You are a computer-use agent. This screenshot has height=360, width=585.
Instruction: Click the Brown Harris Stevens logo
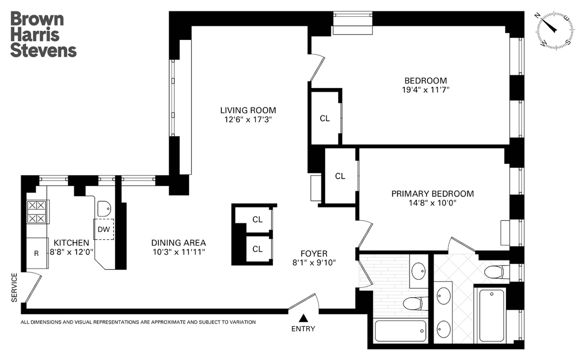pyautogui.click(x=43, y=34)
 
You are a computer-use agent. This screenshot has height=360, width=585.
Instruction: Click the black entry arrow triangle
pyautogui.click(x=303, y=318)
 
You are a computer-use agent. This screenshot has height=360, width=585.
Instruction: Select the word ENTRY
pyautogui.click(x=303, y=329)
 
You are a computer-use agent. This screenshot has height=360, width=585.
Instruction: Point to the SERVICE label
pyautogui.click(x=14, y=287)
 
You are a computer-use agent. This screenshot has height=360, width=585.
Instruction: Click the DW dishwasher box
pyautogui.click(x=104, y=229)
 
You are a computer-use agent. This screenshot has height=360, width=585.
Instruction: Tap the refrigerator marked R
pyautogui.click(x=37, y=253)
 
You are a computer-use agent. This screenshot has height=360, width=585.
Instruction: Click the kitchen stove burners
pyautogui.click(x=37, y=212)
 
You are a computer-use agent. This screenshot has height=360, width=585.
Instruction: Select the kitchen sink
pyautogui.click(x=104, y=208)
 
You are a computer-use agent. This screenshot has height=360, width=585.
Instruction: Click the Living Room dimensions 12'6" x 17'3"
pyautogui.click(x=248, y=119)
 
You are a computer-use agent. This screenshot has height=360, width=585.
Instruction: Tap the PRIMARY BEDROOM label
pyautogui.click(x=432, y=194)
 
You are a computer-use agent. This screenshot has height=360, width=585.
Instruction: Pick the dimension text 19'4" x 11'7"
pyautogui.click(x=426, y=90)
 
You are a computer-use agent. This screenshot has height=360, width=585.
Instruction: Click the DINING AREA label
pyautogui.click(x=178, y=243)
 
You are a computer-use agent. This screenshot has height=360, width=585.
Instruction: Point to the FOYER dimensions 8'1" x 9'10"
pyautogui.click(x=314, y=263)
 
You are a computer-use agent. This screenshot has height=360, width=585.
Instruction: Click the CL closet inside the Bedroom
pyautogui.click(x=325, y=118)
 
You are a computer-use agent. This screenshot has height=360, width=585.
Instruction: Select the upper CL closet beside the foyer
pyautogui.click(x=257, y=219)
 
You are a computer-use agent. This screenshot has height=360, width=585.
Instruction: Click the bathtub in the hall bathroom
pyautogui.click(x=400, y=331)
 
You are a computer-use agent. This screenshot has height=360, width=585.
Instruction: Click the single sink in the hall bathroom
pyautogui.click(x=418, y=271)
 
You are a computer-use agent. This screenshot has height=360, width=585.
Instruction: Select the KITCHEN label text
pyautogui.click(x=71, y=243)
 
